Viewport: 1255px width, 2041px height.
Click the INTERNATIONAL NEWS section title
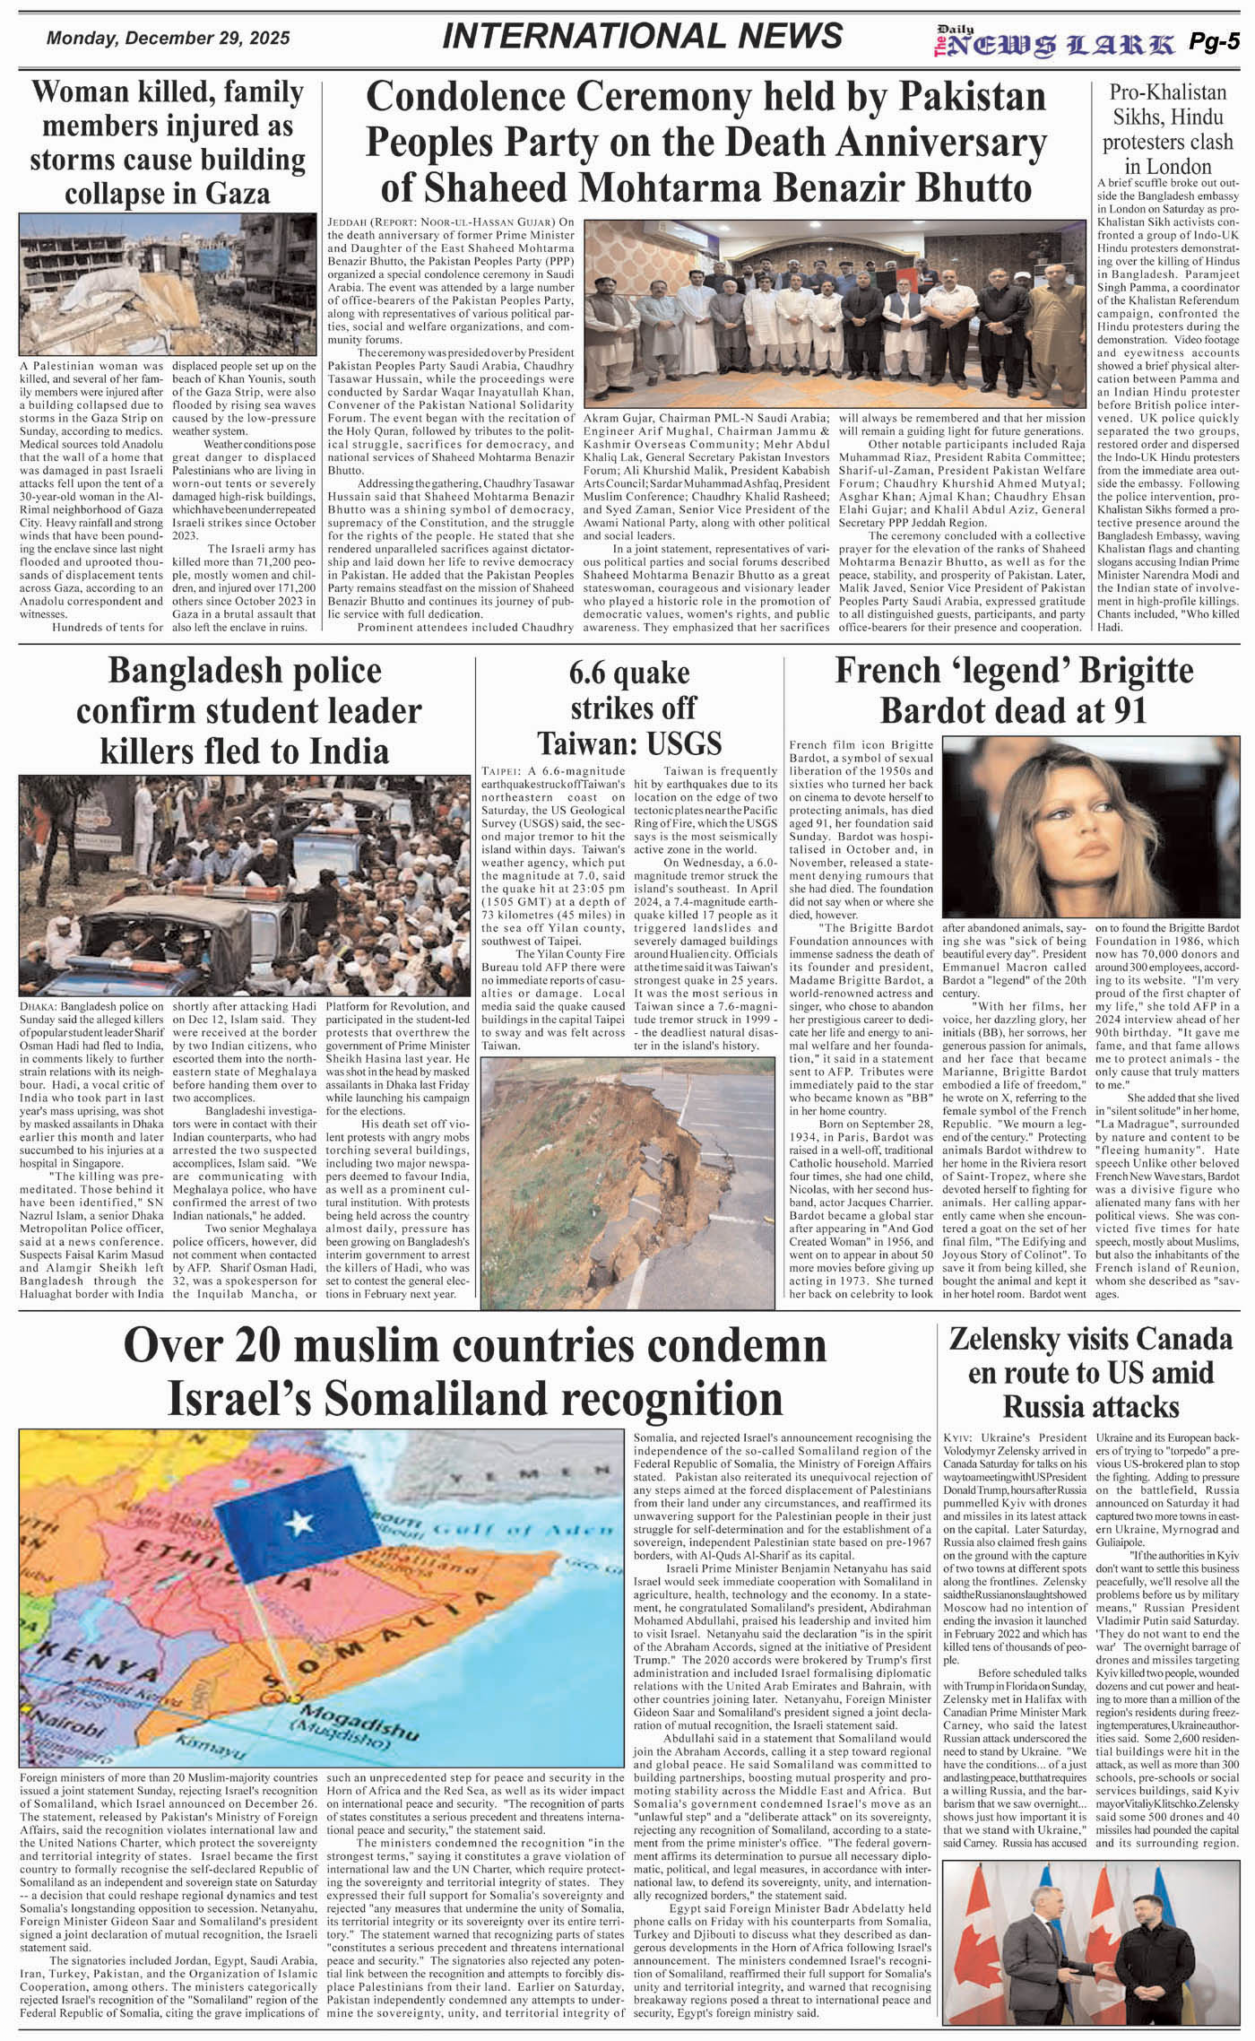pyautogui.click(x=642, y=36)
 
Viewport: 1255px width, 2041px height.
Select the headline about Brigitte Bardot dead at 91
pyautogui.click(x=1014, y=690)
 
